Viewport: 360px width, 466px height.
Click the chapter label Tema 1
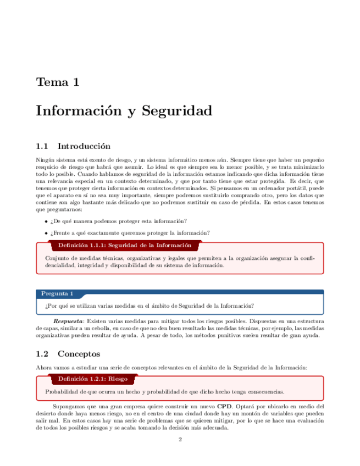point(58,82)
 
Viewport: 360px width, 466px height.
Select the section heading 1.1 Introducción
point(73,146)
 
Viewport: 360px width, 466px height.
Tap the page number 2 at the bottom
point(180,440)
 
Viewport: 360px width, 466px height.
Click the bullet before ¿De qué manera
point(46,221)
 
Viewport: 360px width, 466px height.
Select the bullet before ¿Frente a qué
point(46,233)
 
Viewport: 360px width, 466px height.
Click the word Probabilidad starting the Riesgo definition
point(62,392)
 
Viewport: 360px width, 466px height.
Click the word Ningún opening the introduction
point(45,159)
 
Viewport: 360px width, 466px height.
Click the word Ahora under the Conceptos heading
point(43,367)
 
